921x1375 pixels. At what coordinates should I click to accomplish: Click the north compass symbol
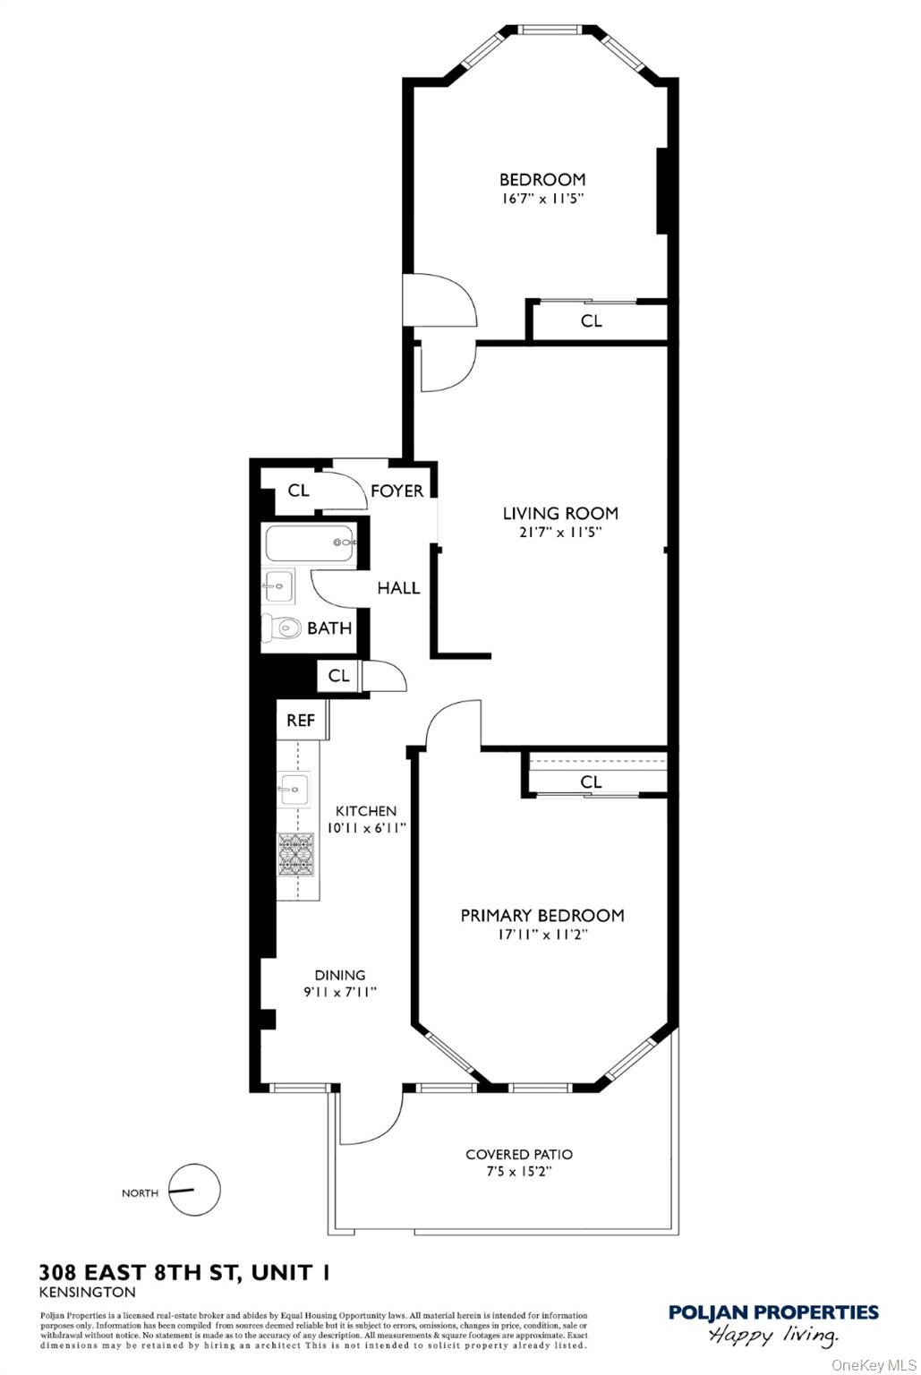point(194,1191)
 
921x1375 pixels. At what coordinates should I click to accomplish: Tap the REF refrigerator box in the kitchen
point(301,720)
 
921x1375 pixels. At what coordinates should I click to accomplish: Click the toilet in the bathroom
point(280,628)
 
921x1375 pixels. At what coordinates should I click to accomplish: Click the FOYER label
point(397,491)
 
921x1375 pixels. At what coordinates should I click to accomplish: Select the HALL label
point(398,588)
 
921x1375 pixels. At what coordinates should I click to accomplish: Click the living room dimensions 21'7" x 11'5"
point(560,532)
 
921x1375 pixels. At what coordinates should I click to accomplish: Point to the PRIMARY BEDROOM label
point(542,915)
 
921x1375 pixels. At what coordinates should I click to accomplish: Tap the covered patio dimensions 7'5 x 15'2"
point(519,1172)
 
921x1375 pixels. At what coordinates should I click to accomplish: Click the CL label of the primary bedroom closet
point(591,781)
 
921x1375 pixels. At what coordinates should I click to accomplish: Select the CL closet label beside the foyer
point(298,491)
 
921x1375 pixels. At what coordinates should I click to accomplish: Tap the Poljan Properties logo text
point(773,1312)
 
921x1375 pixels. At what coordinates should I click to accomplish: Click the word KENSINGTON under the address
point(88,1292)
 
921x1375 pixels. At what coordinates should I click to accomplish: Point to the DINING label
point(339,975)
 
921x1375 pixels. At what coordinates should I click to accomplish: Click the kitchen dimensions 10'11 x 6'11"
point(365,828)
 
